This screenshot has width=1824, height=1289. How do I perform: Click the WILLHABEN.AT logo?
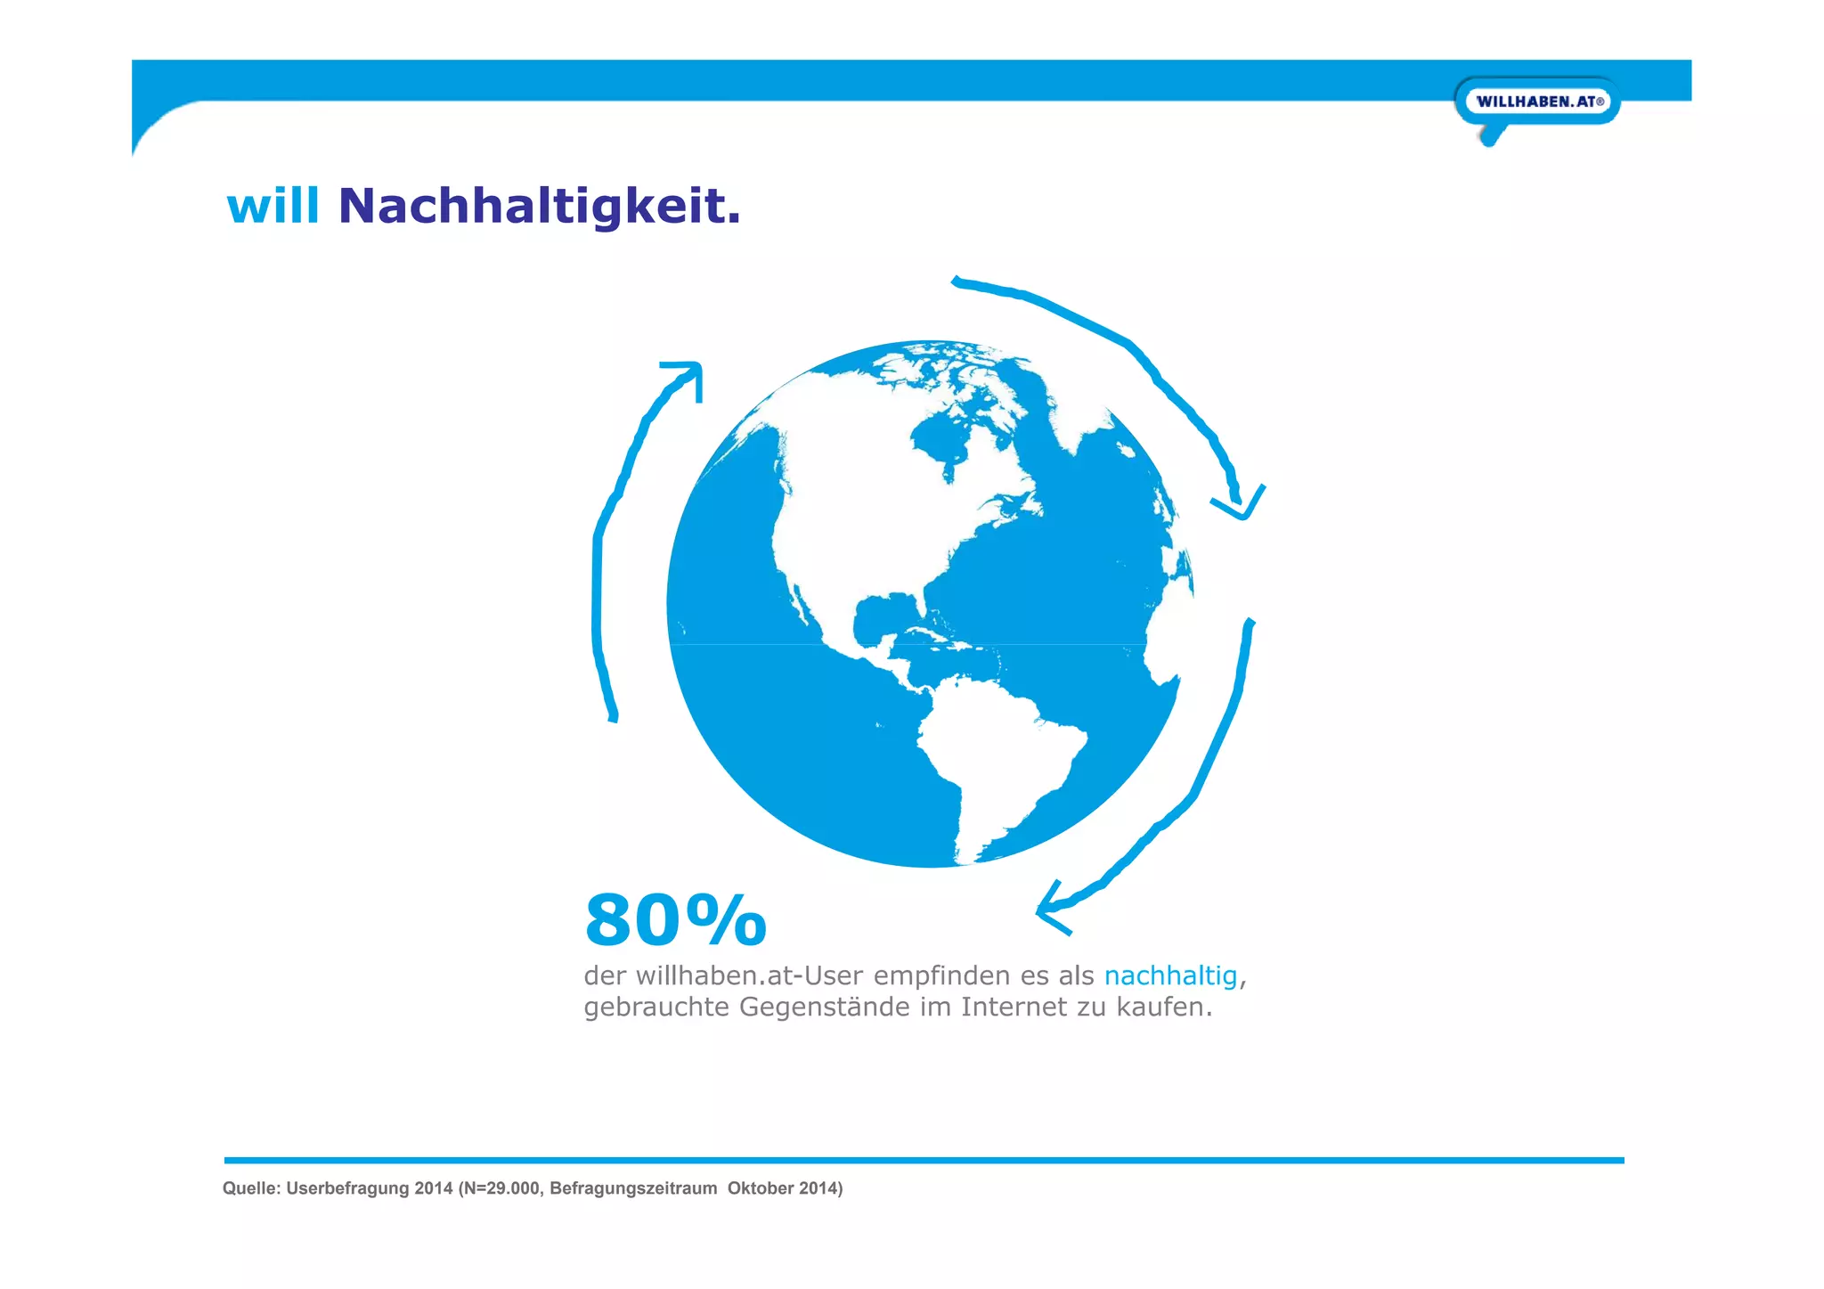1537,102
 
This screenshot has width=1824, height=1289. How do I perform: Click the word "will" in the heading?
273,207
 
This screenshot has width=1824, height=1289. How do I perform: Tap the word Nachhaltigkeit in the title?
539,207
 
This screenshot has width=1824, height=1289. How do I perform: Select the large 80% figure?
675,920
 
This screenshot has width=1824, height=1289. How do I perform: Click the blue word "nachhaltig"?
1170,976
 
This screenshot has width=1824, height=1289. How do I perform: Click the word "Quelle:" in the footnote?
251,1188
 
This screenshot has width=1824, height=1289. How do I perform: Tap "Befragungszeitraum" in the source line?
633,1188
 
